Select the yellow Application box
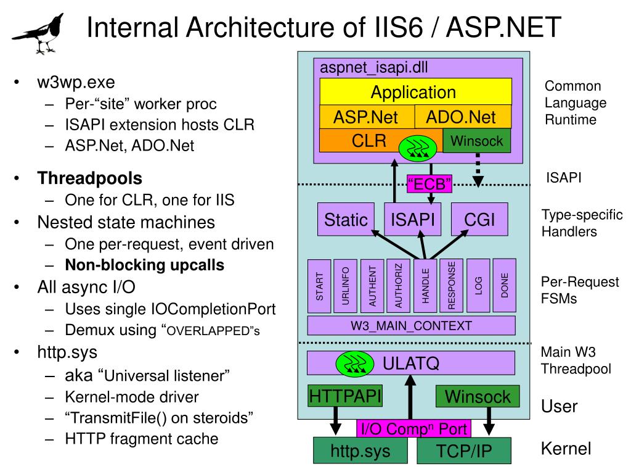415,93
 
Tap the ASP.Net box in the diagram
366,117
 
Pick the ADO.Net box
462,117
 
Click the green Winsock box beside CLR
477,141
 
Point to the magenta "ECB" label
429,183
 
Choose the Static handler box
346,219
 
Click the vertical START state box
320,287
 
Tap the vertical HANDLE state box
426,287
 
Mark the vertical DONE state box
505,286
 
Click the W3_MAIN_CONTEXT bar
412,325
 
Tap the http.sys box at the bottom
360,451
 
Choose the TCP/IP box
464,451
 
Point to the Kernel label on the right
566,449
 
